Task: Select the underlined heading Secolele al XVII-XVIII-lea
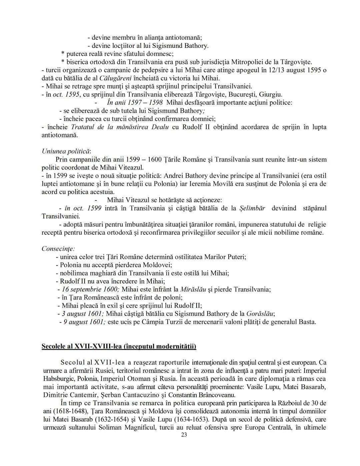119,346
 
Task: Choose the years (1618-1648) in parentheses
72,411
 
